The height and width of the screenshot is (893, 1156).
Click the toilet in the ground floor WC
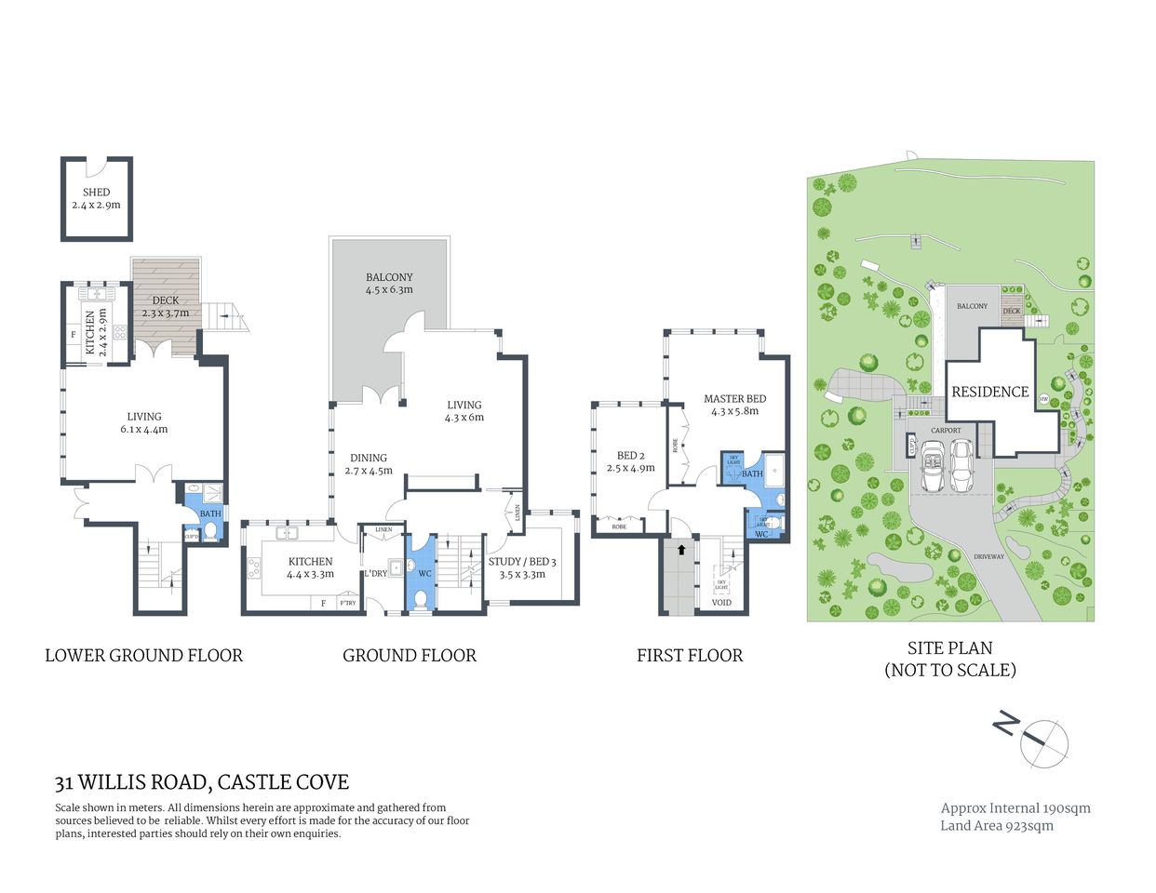pos(420,600)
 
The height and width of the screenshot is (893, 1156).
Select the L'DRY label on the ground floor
pos(375,573)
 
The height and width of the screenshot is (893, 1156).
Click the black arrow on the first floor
pos(681,550)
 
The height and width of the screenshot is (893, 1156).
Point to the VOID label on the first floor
pos(721,603)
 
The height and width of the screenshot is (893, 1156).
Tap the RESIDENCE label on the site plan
pos(989,392)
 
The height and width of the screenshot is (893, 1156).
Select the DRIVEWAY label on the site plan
pos(989,556)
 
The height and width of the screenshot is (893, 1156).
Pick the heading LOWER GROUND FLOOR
pos(143,656)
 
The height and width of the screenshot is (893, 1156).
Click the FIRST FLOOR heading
pos(690,656)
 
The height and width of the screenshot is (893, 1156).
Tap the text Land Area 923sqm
pos(997,825)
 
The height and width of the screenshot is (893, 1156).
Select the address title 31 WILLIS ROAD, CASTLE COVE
pos(202,782)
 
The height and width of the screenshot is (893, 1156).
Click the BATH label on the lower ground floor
pos(210,513)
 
